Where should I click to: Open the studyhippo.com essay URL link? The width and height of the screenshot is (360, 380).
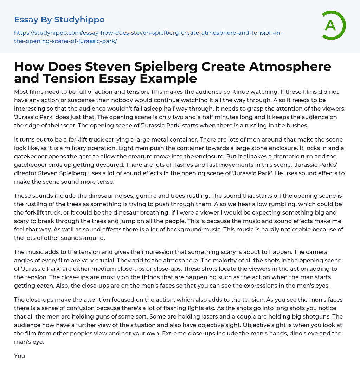click(148, 37)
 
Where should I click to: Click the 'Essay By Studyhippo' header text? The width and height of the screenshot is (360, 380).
click(59, 20)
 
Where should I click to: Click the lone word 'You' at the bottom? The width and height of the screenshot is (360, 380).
click(19, 356)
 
